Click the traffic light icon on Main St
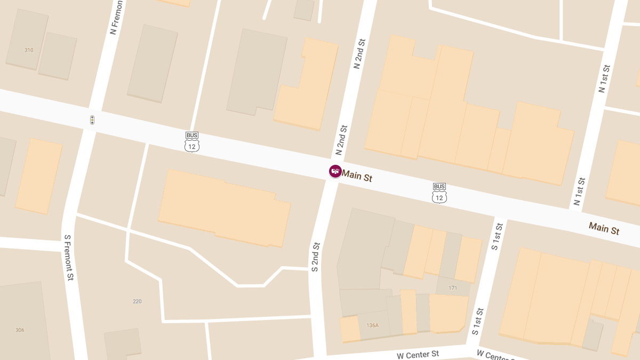coord(92,120)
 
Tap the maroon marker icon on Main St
coord(335,171)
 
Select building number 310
coord(29,50)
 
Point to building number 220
coord(137,301)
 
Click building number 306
coord(20,330)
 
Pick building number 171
coord(453,289)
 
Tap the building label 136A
coord(372,325)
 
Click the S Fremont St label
coord(68,258)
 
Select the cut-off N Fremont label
coord(117,17)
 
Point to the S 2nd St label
coord(316,257)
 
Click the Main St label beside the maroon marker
coord(357,176)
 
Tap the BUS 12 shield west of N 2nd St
coord(192,142)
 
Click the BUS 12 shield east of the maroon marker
coord(439,193)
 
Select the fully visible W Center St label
coord(418,355)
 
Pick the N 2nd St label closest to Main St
coord(341,139)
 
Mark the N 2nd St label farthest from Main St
coord(359,53)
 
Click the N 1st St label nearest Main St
coord(580,191)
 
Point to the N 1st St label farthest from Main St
coord(604,78)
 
